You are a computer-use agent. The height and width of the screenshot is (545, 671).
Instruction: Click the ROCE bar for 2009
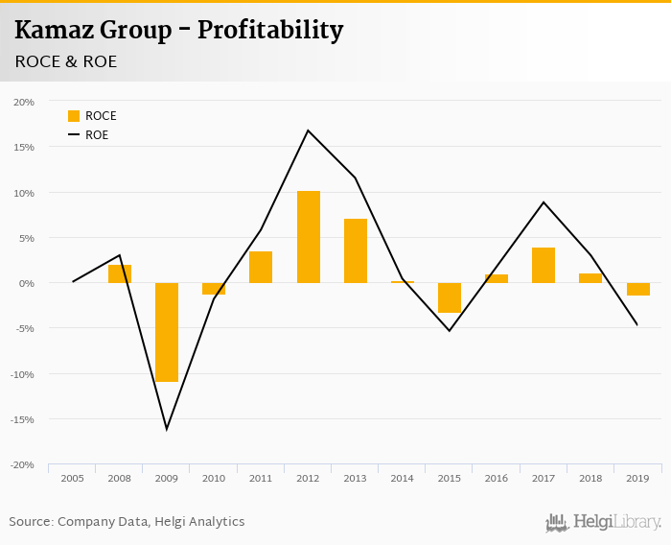tap(167, 332)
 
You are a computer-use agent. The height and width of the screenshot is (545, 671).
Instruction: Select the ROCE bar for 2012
tap(308, 237)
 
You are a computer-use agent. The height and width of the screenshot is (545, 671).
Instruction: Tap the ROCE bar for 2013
tap(355, 250)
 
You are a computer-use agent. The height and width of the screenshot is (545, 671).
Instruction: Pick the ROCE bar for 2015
tap(449, 297)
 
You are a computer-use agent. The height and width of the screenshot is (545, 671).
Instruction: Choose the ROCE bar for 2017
tap(543, 265)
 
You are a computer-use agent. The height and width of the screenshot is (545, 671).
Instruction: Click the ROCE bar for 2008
tap(120, 273)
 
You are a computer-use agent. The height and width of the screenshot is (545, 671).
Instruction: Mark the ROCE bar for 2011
tap(261, 267)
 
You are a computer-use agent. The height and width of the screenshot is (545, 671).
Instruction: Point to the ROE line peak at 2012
tap(308, 130)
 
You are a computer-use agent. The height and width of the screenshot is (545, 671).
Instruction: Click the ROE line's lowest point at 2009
tap(167, 429)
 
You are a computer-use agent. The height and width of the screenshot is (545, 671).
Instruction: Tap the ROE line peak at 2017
tap(544, 202)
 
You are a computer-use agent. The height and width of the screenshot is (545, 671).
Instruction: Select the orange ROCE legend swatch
tap(74, 116)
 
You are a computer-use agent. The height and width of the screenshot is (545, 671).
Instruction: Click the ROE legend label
tap(97, 135)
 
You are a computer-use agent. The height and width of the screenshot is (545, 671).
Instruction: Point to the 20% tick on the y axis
tap(24, 102)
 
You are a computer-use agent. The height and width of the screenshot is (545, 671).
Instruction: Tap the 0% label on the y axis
tap(27, 283)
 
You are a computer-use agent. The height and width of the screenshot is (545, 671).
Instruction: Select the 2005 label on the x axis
tap(73, 478)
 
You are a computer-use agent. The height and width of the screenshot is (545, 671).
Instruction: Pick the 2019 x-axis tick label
tap(636, 478)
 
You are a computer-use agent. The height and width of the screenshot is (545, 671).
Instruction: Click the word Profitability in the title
tap(270, 31)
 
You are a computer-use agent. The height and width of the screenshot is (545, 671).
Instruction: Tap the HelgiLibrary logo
tap(603, 522)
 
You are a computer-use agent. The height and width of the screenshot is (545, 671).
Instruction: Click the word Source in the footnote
tap(30, 522)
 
